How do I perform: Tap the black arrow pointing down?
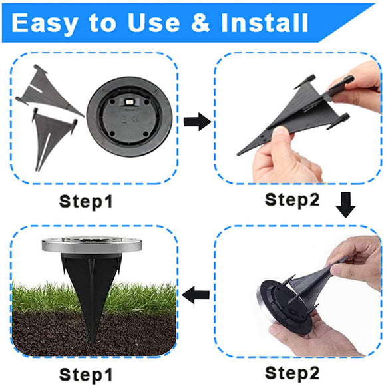[x=345, y=205]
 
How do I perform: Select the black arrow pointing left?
[x=197, y=293]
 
